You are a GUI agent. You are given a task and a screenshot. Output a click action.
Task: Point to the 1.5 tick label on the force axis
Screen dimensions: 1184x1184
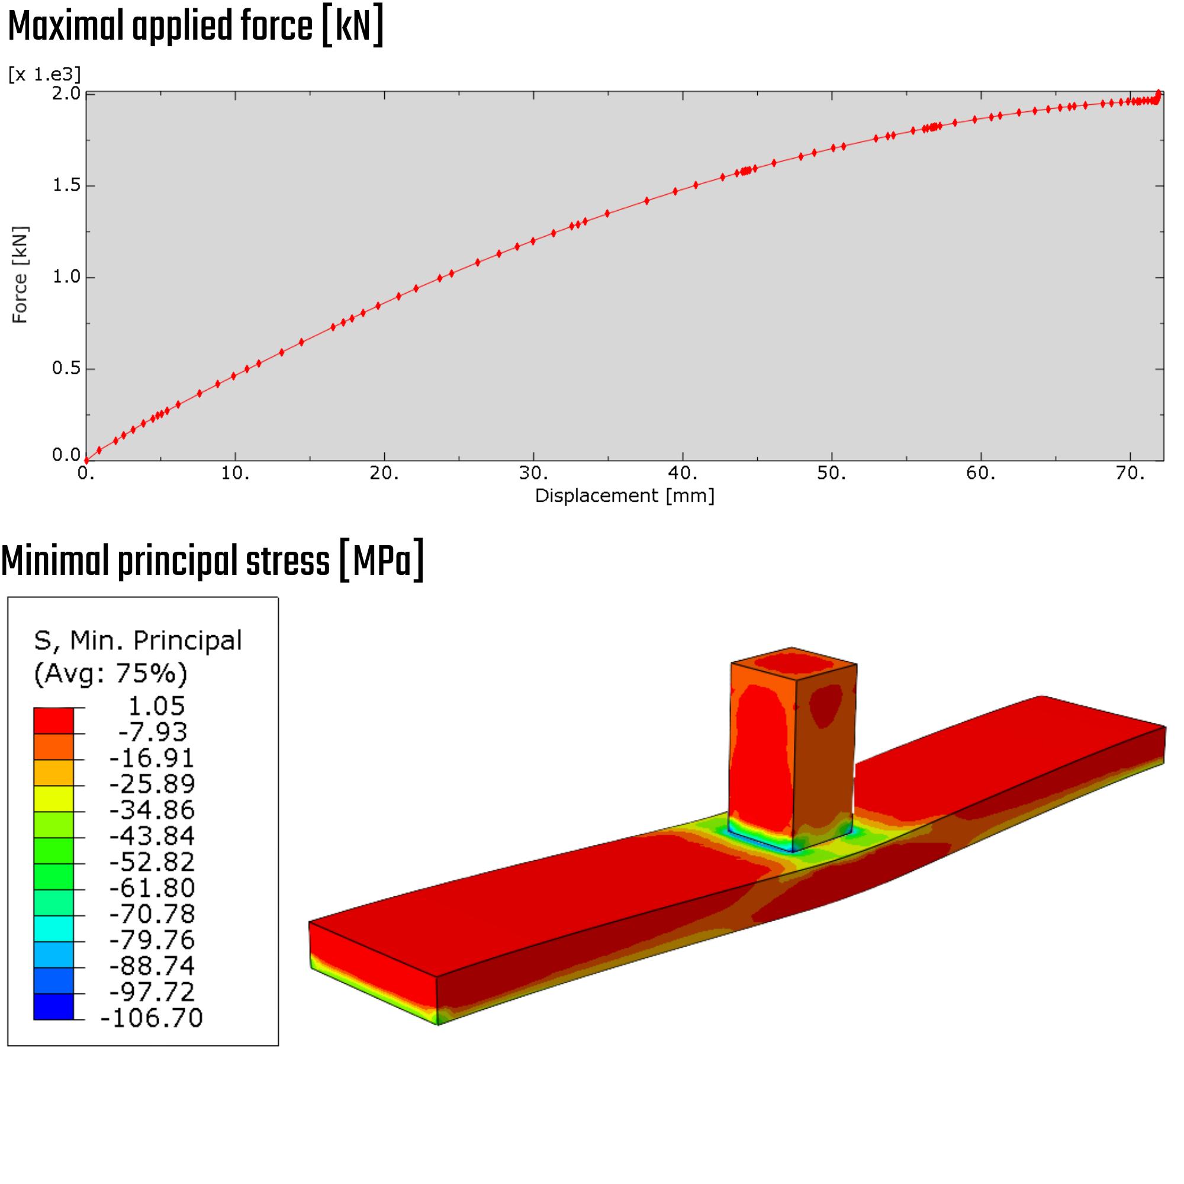point(66,185)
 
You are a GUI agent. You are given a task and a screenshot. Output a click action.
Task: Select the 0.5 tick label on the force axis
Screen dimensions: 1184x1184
point(66,368)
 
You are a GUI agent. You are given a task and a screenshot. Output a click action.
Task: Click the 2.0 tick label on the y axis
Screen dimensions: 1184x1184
point(66,93)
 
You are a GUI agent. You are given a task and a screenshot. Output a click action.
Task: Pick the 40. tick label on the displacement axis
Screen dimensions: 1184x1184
point(683,473)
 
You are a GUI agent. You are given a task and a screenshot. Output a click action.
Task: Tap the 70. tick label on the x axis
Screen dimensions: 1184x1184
point(1130,473)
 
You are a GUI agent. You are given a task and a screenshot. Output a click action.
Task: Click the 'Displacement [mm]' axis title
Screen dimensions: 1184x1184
point(625,496)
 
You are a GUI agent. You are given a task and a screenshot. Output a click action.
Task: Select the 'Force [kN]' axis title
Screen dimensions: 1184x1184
point(20,275)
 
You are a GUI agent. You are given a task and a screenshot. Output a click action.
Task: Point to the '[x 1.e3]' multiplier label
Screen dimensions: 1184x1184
point(44,74)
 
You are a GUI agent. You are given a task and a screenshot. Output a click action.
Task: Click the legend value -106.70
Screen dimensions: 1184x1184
point(152,1018)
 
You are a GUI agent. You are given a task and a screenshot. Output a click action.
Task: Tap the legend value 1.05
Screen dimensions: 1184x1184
point(156,706)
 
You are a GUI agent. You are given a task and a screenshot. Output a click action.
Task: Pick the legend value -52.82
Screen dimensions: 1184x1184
point(152,861)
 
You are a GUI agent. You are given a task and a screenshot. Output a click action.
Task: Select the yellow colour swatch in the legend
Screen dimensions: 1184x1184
point(53,799)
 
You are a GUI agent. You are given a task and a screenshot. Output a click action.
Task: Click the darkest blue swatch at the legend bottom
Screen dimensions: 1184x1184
point(53,1006)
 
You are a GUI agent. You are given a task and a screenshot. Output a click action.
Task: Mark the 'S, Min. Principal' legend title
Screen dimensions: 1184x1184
point(138,641)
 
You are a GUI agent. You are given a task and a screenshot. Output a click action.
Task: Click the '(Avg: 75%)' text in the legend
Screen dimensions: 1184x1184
point(110,673)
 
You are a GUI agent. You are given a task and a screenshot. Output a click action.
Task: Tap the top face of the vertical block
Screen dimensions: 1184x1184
point(794,663)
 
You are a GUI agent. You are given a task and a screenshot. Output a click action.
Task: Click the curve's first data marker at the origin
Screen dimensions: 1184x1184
point(86,460)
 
